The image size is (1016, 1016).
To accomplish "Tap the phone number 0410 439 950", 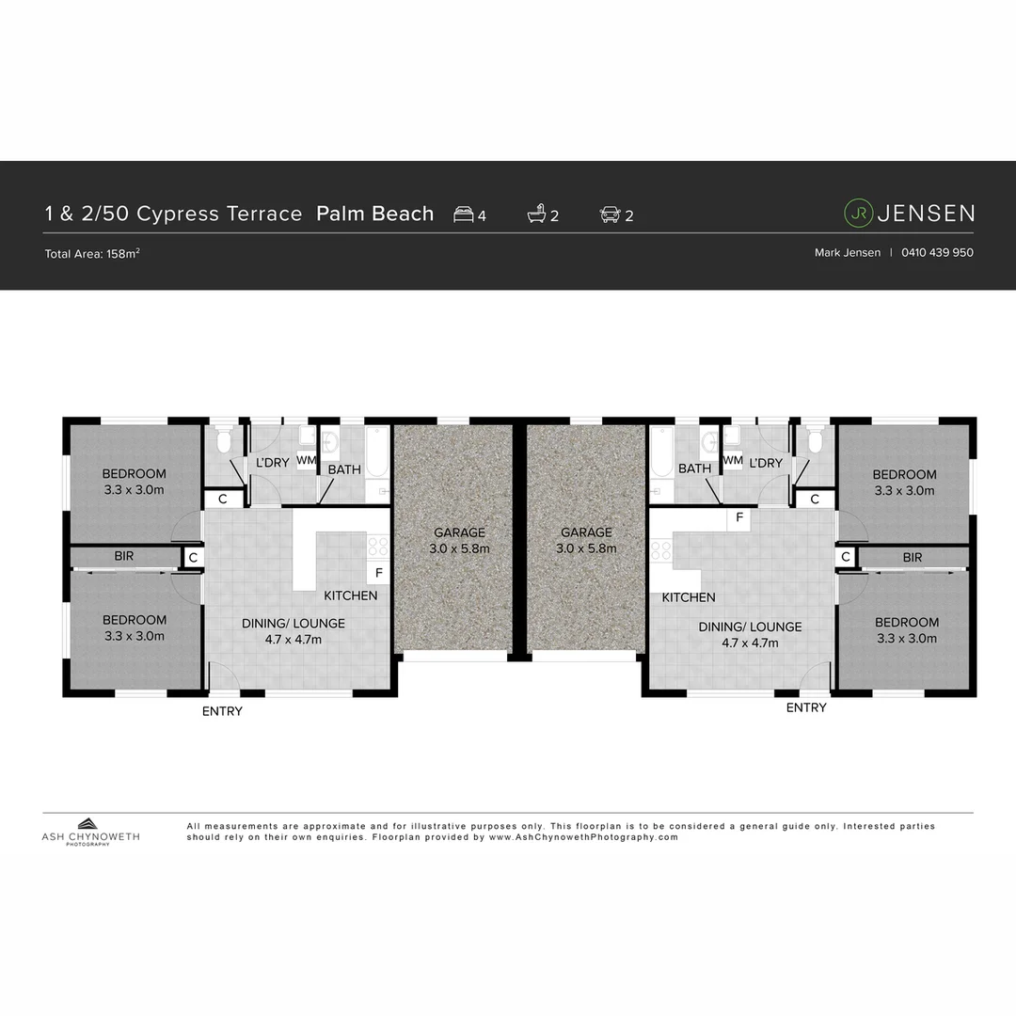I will click(937, 252).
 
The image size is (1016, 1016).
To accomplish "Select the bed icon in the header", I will click(464, 214).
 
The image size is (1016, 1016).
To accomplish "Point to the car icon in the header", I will click(610, 214).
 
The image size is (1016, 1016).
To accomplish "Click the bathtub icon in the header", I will click(536, 214).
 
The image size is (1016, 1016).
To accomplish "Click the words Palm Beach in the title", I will click(375, 214).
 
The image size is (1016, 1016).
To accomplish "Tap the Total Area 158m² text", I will click(93, 253).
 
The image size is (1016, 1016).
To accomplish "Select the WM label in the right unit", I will click(733, 461).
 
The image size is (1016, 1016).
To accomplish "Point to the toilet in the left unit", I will click(224, 441).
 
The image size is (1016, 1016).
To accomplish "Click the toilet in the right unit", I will click(815, 441).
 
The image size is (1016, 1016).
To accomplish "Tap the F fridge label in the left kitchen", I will click(379, 573).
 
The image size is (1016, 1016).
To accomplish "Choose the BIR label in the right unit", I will click(912, 557).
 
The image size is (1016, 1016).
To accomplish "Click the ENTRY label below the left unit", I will click(222, 711).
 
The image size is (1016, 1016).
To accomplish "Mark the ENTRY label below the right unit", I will click(806, 707).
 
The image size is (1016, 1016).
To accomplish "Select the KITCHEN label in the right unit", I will click(689, 597).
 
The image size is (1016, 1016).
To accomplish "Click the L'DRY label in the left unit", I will click(272, 463).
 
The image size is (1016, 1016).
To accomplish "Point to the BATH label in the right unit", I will click(694, 468).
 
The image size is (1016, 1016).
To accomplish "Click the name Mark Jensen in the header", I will click(847, 252).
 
